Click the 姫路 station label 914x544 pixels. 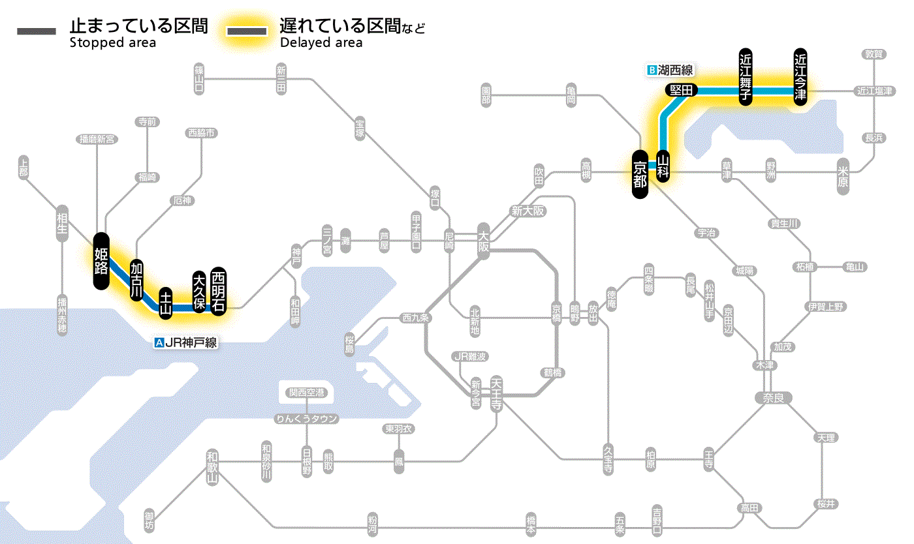click(101, 260)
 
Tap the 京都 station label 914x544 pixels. click(640, 174)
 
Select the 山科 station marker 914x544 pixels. click(663, 166)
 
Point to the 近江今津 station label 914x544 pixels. click(800, 76)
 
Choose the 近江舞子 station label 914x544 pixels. click(746, 76)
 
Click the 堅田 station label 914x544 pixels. click(682, 90)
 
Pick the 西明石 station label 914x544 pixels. click(217, 291)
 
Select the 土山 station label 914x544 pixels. click(166, 303)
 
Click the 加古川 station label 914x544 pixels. click(136, 279)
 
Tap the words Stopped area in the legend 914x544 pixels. click(112, 43)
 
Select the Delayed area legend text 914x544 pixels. click(321, 43)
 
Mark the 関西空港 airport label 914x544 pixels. click(306, 393)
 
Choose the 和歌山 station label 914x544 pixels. click(212, 467)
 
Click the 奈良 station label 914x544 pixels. click(773, 397)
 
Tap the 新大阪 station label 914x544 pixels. click(528, 211)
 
